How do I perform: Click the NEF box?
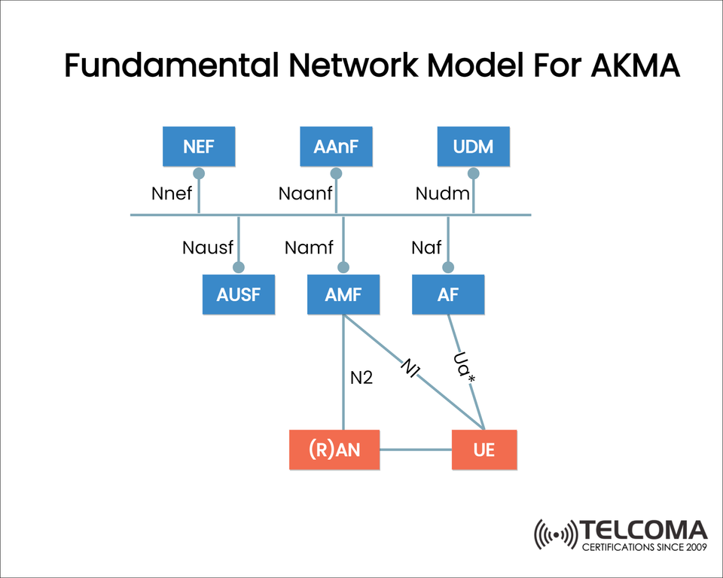(199, 147)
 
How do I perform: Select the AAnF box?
(336, 147)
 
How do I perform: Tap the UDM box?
(473, 147)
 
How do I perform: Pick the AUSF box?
(238, 294)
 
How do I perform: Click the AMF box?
(343, 294)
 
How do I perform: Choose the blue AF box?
(447, 294)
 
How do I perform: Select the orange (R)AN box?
(334, 450)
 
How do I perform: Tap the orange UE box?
(484, 450)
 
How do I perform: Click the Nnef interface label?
(172, 193)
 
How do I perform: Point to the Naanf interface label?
(305, 193)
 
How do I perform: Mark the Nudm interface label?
(442, 193)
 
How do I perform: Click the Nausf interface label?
(208, 247)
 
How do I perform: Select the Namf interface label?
(309, 247)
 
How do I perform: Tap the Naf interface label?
(426, 247)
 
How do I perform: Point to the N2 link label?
(361, 378)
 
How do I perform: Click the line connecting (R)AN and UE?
(415, 450)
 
